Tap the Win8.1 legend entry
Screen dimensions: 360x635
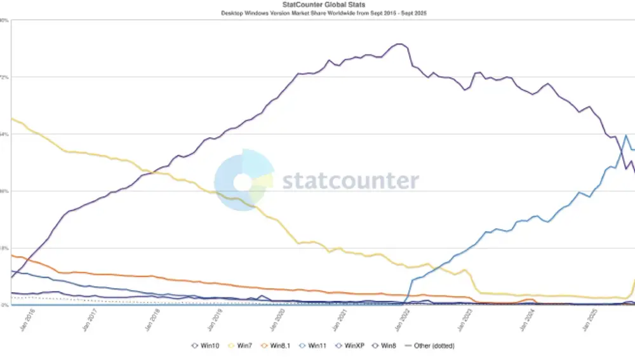pos(276,346)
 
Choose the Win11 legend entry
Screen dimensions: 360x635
pos(315,346)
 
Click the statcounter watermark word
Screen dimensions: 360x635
pos(350,181)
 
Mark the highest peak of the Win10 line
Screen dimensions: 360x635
pos(399,44)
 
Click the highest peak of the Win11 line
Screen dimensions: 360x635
pos(627,135)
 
